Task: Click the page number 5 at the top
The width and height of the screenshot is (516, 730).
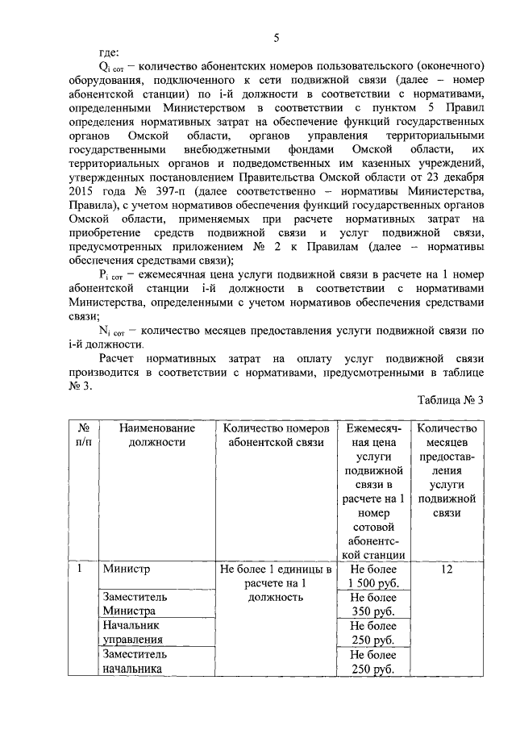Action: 277,38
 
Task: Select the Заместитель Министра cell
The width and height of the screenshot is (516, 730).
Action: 135,603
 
